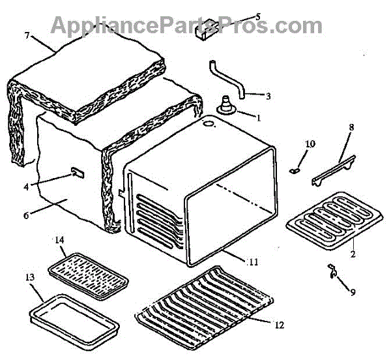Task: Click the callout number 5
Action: [257, 16]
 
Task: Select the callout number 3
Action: [267, 95]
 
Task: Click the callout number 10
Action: [310, 143]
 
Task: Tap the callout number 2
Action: [353, 254]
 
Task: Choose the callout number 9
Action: [353, 292]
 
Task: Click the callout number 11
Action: [253, 262]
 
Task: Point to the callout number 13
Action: [30, 277]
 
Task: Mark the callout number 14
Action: [59, 241]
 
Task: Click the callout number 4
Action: [27, 187]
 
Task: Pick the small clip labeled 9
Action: [332, 270]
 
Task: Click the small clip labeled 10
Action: [294, 170]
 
